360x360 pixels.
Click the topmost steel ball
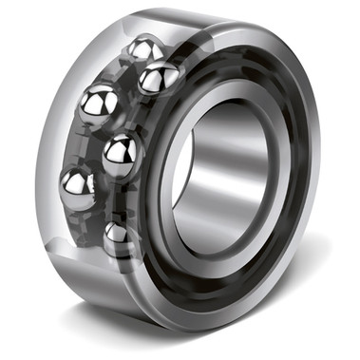point(144,49)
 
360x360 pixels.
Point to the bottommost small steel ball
point(118,235)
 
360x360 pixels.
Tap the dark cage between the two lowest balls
point(95,217)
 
